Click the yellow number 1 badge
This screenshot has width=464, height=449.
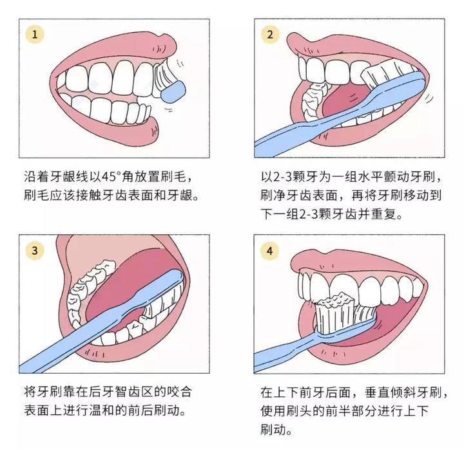(34, 34)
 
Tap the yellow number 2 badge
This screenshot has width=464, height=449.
(269, 34)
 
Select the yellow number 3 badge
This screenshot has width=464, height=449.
(34, 250)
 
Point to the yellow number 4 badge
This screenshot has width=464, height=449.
(269, 250)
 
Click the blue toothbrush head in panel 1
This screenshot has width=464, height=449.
(172, 94)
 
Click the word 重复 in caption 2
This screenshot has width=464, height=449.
(388, 213)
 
